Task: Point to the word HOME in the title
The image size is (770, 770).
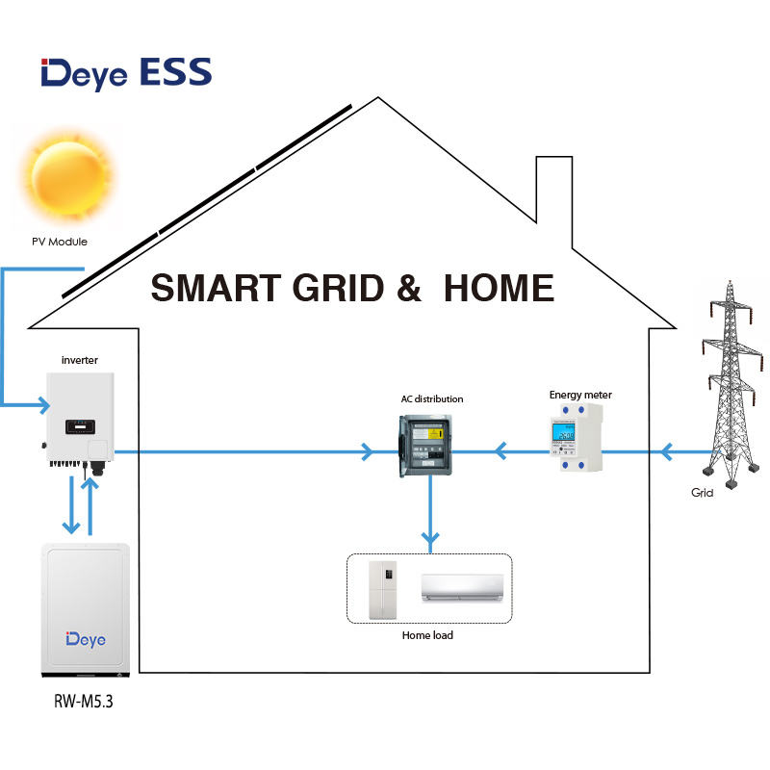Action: coord(499,288)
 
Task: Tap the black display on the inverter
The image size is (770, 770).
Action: coord(77,424)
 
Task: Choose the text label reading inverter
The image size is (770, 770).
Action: coord(79,361)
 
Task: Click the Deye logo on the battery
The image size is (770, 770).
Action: coord(86,638)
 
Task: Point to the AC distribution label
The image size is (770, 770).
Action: coord(432,398)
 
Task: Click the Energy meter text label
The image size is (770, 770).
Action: coord(580,395)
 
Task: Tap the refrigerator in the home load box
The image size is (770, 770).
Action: coord(383,589)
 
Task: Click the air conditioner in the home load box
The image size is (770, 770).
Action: coord(462,588)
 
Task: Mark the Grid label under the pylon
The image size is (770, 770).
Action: coord(703,492)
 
